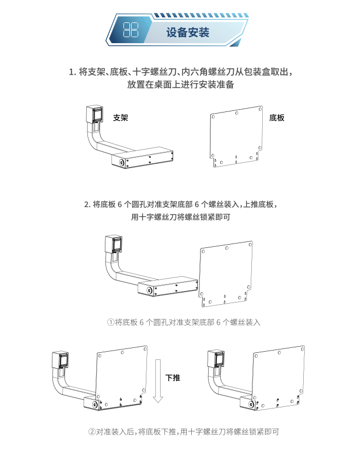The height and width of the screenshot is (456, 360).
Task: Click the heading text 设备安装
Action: point(188,32)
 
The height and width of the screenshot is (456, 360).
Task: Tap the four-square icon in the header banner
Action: point(131,29)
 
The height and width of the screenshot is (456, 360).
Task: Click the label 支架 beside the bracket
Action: point(121,118)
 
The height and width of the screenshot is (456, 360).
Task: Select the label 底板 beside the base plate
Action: point(276,118)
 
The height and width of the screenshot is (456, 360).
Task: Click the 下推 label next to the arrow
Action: point(173,378)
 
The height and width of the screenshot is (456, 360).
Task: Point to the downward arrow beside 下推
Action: point(158,381)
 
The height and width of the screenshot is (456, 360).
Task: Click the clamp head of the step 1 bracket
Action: point(95,114)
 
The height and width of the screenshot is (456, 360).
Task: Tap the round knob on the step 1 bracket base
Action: point(122,163)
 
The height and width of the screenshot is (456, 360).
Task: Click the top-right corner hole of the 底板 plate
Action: point(261,109)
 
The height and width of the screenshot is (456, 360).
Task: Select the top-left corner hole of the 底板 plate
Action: point(213,117)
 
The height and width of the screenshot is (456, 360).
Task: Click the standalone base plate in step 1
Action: point(237,137)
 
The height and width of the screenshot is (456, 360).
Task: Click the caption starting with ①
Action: point(184,322)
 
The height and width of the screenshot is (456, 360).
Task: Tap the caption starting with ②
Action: point(184,431)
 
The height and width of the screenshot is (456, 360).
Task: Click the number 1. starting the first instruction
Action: point(73,72)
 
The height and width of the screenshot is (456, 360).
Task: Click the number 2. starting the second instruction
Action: point(87,204)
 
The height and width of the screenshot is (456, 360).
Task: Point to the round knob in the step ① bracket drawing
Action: point(150,291)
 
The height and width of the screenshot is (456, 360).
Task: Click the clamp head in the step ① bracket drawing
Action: point(114,244)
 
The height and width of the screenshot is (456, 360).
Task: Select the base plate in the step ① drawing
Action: point(226,274)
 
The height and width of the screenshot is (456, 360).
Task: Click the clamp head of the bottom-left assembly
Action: point(60,360)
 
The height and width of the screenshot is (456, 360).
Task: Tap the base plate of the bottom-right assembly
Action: point(279,377)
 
